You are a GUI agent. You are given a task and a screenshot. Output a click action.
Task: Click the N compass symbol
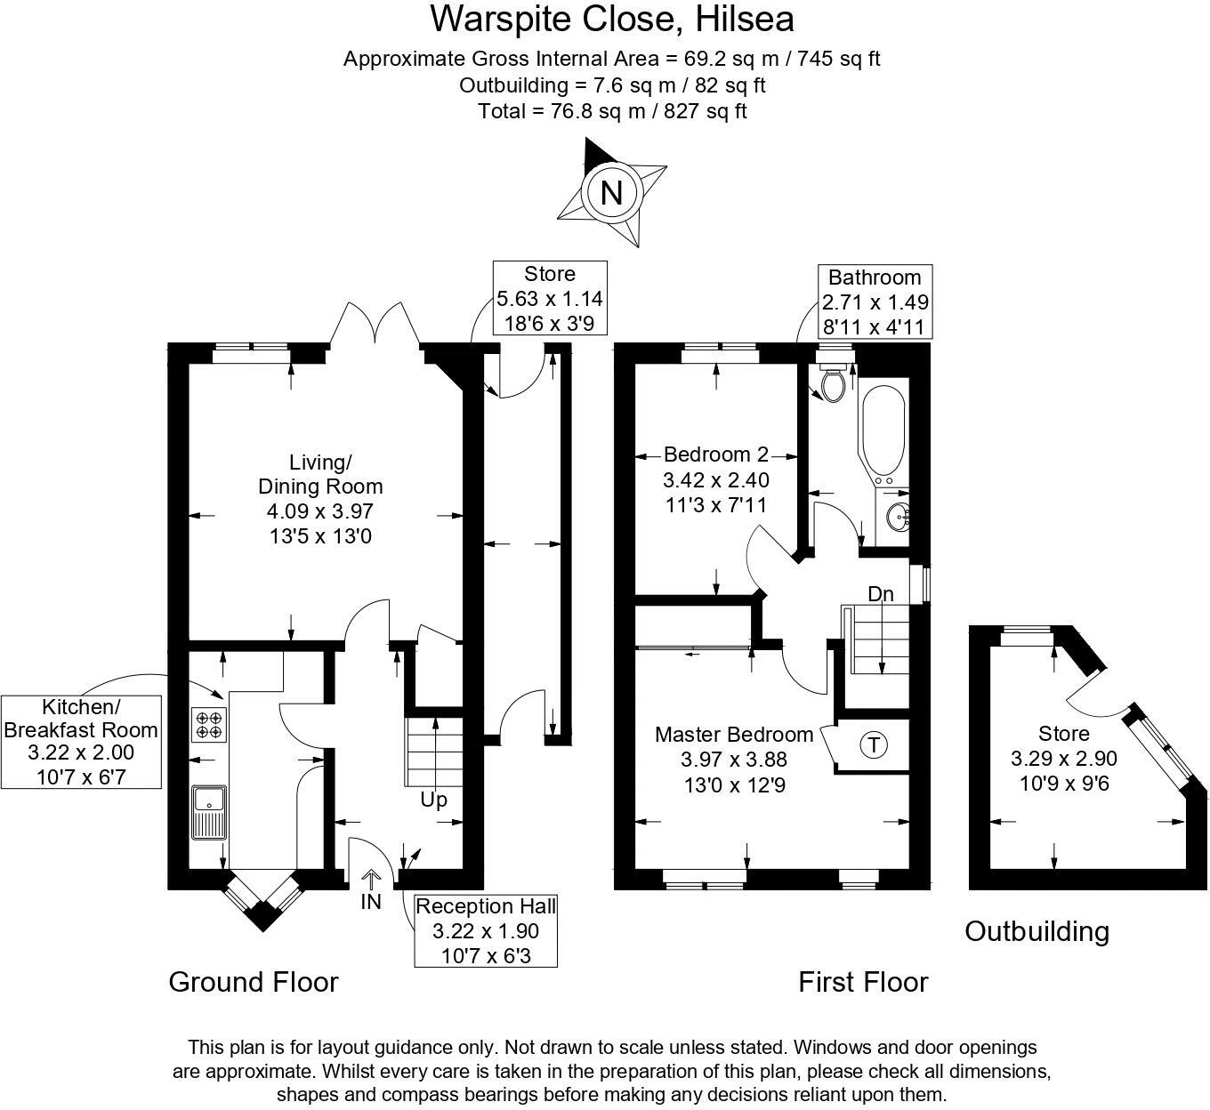coord(611,192)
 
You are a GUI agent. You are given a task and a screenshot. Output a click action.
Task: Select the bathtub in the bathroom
coord(883,435)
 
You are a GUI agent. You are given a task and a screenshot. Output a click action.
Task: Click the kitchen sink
coord(208,811)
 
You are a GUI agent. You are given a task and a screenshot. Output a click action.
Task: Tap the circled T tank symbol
coord(874,745)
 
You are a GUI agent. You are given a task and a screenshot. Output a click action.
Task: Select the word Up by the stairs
coord(433,800)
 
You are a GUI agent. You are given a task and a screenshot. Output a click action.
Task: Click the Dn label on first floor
coord(880,594)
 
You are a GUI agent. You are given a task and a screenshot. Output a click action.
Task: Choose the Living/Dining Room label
coord(320,475)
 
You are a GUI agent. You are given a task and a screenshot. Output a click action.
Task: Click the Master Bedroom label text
coord(733,735)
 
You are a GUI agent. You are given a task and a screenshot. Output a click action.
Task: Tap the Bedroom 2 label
coord(715,454)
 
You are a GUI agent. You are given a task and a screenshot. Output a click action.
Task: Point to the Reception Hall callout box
coord(486,930)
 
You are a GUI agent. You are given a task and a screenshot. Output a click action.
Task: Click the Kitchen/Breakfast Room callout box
coord(81,742)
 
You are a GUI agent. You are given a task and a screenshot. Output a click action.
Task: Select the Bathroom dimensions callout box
coord(875,302)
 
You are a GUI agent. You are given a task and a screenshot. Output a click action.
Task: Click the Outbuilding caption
coord(1037,931)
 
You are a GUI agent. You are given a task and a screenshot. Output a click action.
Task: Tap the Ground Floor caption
coord(254,982)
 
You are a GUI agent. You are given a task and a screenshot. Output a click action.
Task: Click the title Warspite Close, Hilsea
coord(612,19)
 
